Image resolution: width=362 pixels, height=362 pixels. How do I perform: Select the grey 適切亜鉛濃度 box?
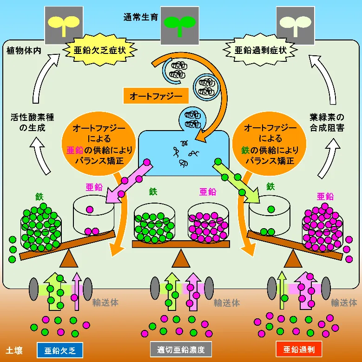(181, 349)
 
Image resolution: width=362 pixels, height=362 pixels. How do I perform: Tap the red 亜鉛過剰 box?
(299, 349)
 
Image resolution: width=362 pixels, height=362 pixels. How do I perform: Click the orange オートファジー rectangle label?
(152, 96)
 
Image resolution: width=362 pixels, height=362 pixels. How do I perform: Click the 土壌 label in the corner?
(14, 350)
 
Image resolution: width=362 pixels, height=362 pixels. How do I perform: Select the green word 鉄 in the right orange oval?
(246, 150)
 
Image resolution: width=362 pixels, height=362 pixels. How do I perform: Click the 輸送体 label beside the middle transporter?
(227, 303)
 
